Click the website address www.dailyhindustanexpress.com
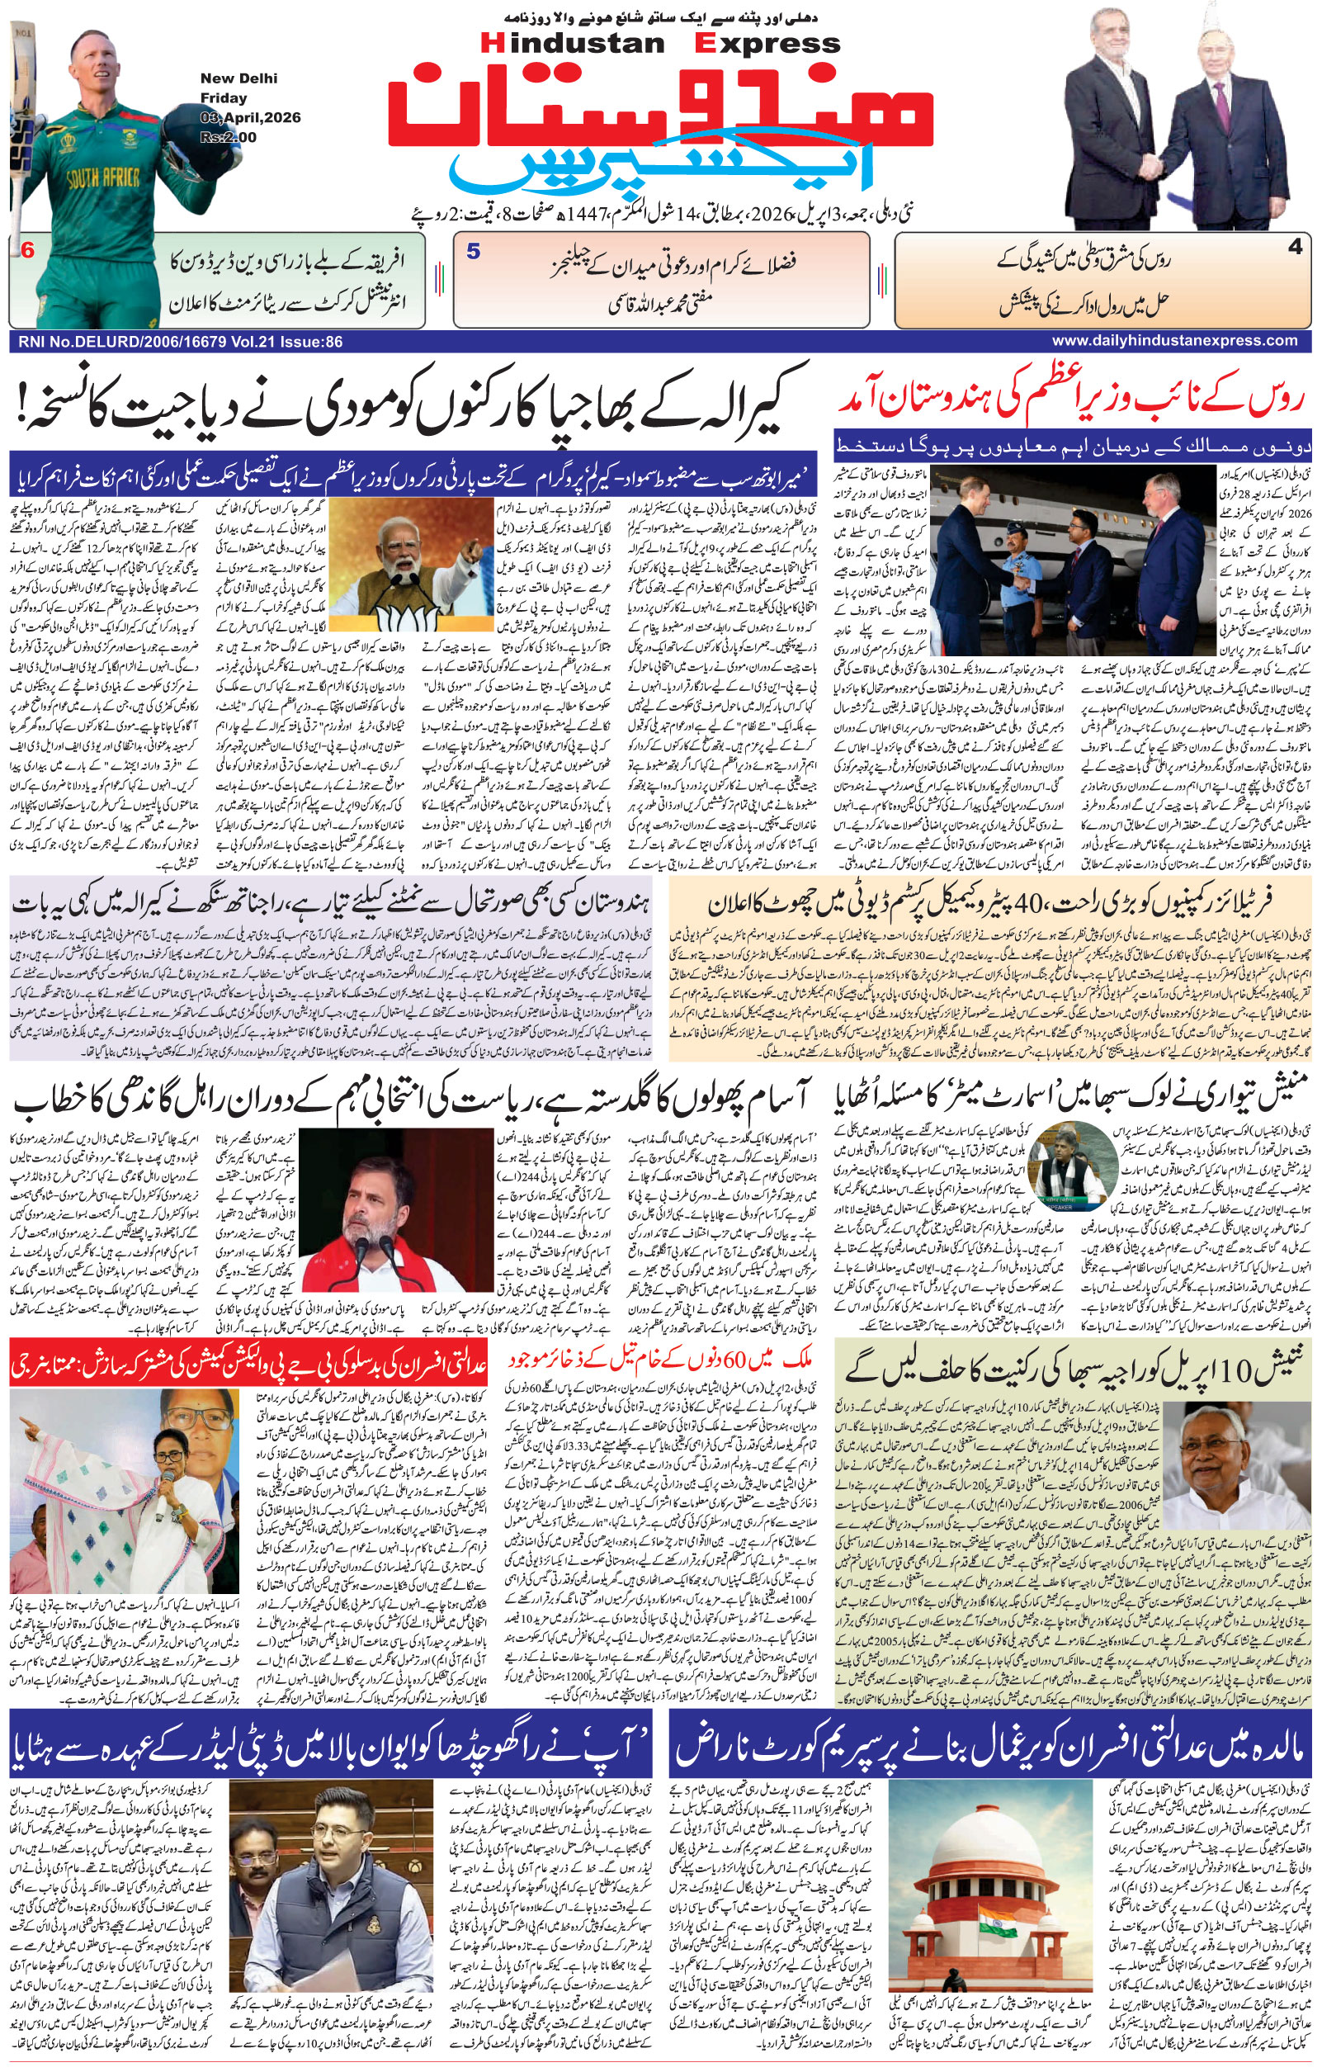[1174, 341]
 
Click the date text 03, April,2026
[250, 117]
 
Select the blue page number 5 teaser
[473, 251]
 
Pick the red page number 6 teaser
[27, 250]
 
